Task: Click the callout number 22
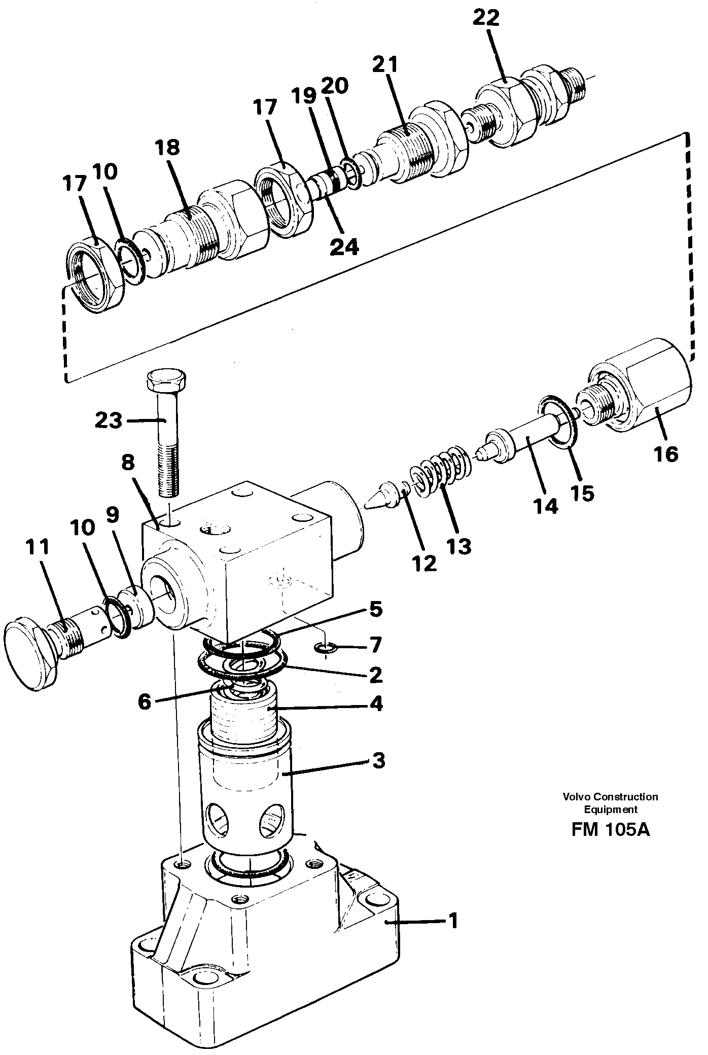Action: click(x=485, y=18)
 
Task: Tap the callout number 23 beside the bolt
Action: click(x=109, y=420)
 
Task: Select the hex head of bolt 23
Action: click(x=166, y=379)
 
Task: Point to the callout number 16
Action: click(x=666, y=454)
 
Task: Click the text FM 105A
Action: click(x=610, y=830)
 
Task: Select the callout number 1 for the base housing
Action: click(x=453, y=921)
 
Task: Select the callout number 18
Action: click(x=168, y=148)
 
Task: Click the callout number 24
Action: click(x=344, y=247)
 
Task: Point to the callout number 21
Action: click(x=386, y=65)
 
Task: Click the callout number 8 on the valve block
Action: click(x=128, y=463)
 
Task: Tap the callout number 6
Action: click(x=145, y=702)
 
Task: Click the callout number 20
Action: click(x=334, y=86)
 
